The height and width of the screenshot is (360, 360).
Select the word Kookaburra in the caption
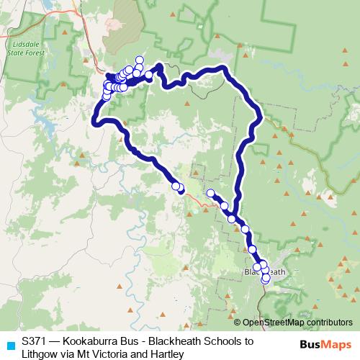pyautogui.click(x=91, y=341)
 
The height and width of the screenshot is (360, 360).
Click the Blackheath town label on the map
pyautogui.click(x=265, y=271)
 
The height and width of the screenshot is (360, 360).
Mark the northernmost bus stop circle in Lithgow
pyautogui.click(x=139, y=60)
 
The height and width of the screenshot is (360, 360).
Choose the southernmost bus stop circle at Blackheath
pyautogui.click(x=265, y=279)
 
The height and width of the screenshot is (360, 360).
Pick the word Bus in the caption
pyautogui.click(x=133, y=341)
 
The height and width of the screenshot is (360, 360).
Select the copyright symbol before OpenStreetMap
pyautogui.click(x=238, y=323)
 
